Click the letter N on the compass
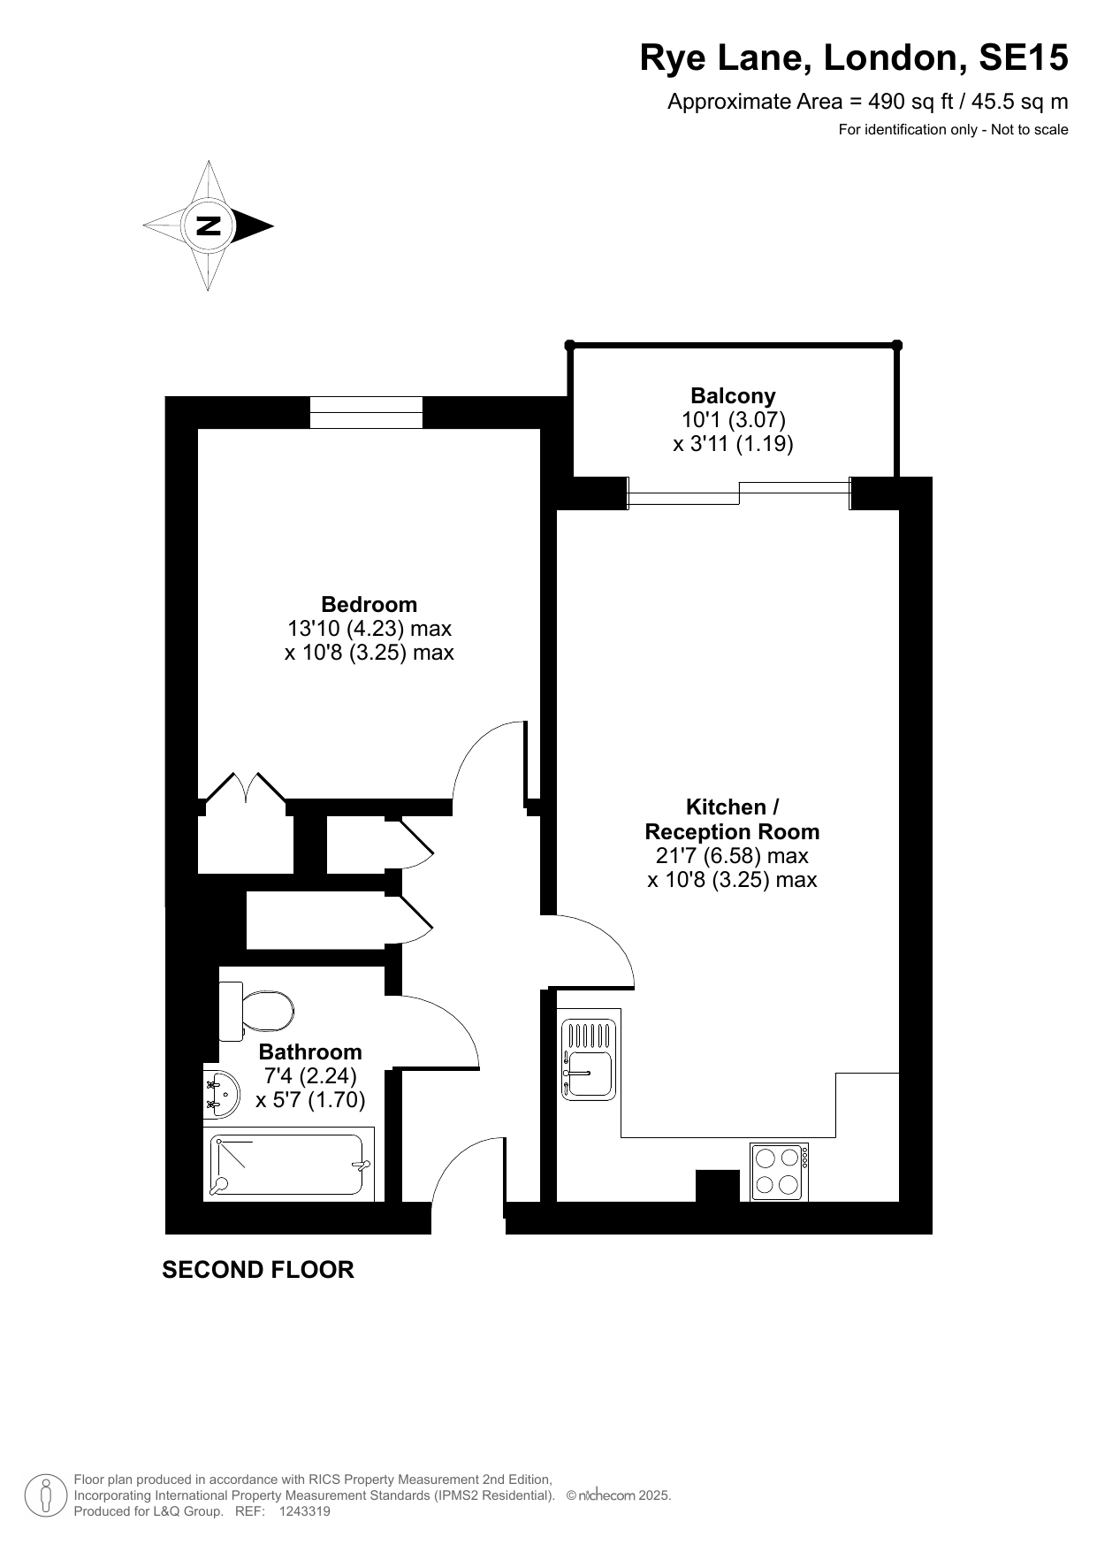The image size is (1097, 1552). point(208,226)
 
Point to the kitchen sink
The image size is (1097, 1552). point(589,1059)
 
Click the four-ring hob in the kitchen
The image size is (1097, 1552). point(779,1172)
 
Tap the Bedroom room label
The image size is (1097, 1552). point(369,604)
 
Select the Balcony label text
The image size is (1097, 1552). point(733,395)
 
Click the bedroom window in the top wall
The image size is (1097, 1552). point(366,413)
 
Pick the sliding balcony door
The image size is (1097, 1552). point(739,493)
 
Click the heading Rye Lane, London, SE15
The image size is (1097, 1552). point(854,58)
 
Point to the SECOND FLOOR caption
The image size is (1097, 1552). point(258,1270)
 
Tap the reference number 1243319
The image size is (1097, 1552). point(304,1511)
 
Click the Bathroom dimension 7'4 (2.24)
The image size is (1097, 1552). point(310,1075)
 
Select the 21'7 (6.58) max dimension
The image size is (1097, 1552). point(732,855)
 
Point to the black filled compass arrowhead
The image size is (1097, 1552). point(254,226)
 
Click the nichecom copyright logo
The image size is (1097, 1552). point(618,1495)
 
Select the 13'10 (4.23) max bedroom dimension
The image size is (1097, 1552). point(369,629)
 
